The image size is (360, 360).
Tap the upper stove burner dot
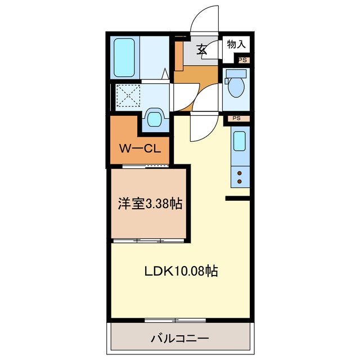click(x=240, y=173)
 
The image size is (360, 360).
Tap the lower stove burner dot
click(x=240, y=181)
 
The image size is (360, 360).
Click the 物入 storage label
click(x=236, y=43)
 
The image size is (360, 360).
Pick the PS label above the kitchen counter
click(x=237, y=119)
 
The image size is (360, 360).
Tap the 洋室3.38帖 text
click(x=150, y=204)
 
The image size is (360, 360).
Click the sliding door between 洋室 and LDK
click(x=148, y=241)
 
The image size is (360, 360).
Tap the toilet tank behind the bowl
click(x=236, y=74)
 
